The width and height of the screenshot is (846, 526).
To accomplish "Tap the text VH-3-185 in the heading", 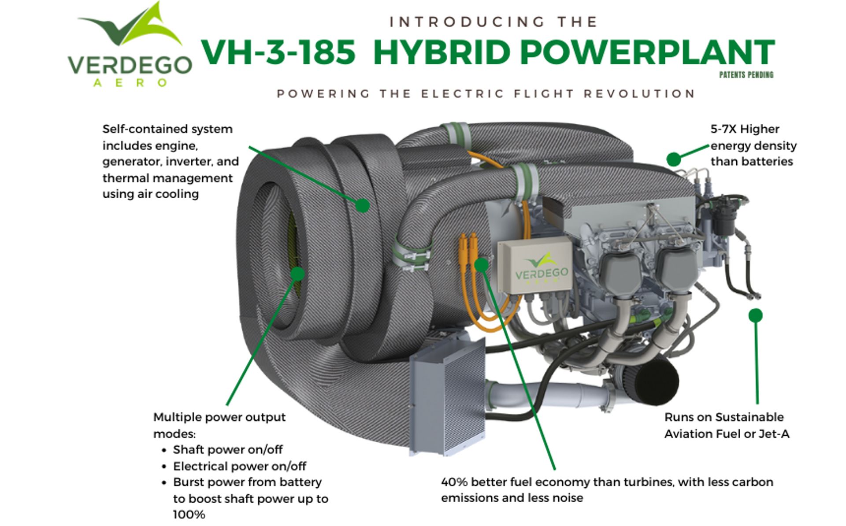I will pyautogui.click(x=278, y=52).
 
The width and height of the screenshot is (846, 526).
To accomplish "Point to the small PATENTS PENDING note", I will pyautogui.click(x=746, y=75).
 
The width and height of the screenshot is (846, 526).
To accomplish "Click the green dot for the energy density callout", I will pyautogui.click(x=673, y=159).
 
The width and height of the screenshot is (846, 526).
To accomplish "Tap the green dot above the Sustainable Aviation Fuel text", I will pyautogui.click(x=755, y=315).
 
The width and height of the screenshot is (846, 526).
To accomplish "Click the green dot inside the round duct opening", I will pyautogui.click(x=298, y=274).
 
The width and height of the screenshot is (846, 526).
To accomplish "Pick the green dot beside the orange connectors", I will pyautogui.click(x=482, y=264).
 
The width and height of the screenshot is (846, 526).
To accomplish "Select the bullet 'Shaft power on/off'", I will pyautogui.click(x=227, y=450).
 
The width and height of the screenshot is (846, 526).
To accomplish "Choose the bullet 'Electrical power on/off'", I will pyautogui.click(x=239, y=466).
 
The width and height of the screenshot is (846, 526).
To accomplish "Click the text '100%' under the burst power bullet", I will pyautogui.click(x=189, y=515).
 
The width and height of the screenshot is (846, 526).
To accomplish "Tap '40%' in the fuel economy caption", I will pyautogui.click(x=454, y=482).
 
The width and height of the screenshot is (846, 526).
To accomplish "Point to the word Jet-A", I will pyautogui.click(x=774, y=434).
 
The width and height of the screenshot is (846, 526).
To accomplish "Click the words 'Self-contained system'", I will pyautogui.click(x=167, y=129).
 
